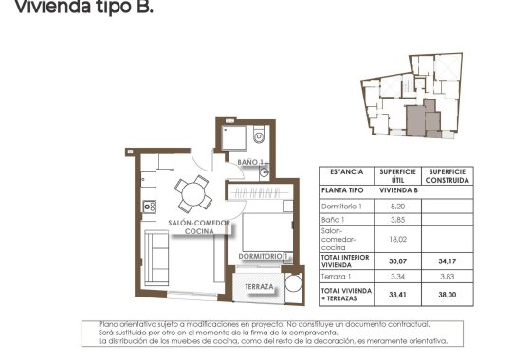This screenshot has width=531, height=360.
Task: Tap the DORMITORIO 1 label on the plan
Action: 263,256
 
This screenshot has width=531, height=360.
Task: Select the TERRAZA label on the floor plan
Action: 259,286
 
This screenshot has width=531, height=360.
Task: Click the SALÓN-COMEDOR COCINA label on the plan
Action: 197,226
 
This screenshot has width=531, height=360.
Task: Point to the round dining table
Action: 195,194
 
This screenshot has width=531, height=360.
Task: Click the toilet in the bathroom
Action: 259,138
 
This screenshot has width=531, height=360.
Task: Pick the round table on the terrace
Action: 293,285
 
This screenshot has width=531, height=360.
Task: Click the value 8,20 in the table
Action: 397,205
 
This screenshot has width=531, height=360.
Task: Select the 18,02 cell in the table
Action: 397,240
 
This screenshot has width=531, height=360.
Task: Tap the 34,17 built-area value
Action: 446,261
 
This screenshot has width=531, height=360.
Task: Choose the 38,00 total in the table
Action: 446,294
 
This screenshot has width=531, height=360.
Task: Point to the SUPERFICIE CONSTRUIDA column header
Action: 446,176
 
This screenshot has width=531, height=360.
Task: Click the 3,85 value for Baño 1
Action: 397,220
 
